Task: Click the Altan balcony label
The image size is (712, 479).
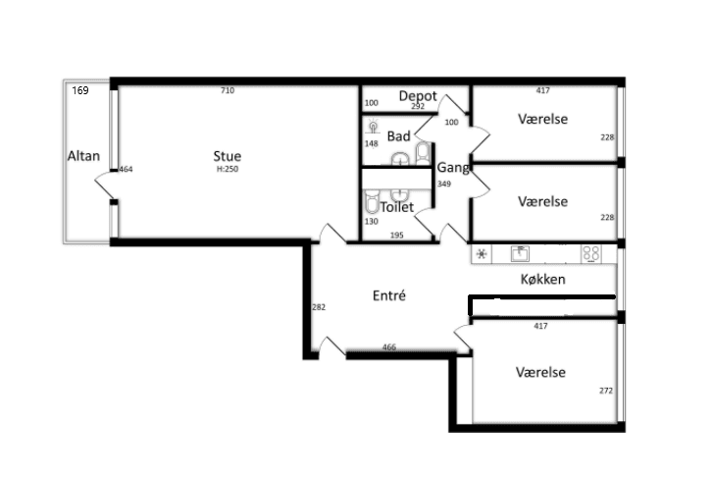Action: point(83,156)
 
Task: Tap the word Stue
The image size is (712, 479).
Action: point(228,156)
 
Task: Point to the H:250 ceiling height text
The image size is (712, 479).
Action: point(228,169)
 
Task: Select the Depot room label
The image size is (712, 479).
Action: point(418,96)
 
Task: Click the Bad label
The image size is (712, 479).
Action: point(399,135)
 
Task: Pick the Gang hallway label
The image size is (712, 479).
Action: point(453,168)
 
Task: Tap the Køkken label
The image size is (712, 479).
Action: point(542,279)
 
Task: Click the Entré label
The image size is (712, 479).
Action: point(388,295)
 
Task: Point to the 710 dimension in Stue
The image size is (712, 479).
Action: point(228,90)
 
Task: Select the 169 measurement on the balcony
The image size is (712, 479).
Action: point(79,90)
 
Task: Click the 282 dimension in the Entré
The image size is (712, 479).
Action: point(319,307)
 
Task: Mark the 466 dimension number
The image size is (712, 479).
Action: point(389,346)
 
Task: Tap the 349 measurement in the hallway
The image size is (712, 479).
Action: point(444,185)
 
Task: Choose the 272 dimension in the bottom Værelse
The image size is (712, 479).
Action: point(606,391)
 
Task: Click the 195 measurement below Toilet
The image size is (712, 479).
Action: point(397,235)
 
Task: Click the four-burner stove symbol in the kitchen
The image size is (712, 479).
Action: point(591,254)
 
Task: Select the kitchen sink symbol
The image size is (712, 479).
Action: point(520,253)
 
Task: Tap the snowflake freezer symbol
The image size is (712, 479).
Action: point(482,253)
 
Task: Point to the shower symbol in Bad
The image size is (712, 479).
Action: point(373,127)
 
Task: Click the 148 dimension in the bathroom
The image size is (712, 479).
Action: point(372,143)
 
